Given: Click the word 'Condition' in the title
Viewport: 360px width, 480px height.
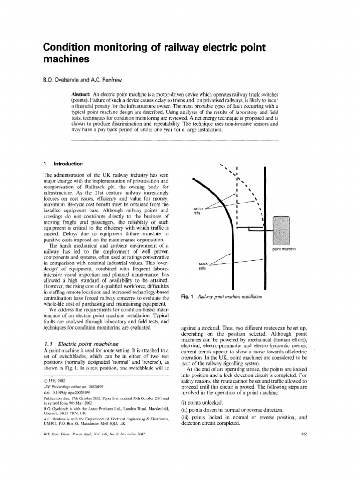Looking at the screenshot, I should [69, 48].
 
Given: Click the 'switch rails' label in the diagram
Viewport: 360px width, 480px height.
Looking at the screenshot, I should [199, 210].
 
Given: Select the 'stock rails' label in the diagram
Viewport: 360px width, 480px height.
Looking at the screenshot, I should [202, 266].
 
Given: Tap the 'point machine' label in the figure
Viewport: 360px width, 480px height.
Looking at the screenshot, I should [288, 249].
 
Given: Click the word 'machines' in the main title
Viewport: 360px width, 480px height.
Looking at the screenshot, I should [66, 60].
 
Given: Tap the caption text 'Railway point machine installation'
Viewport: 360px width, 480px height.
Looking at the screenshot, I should [230, 297].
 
